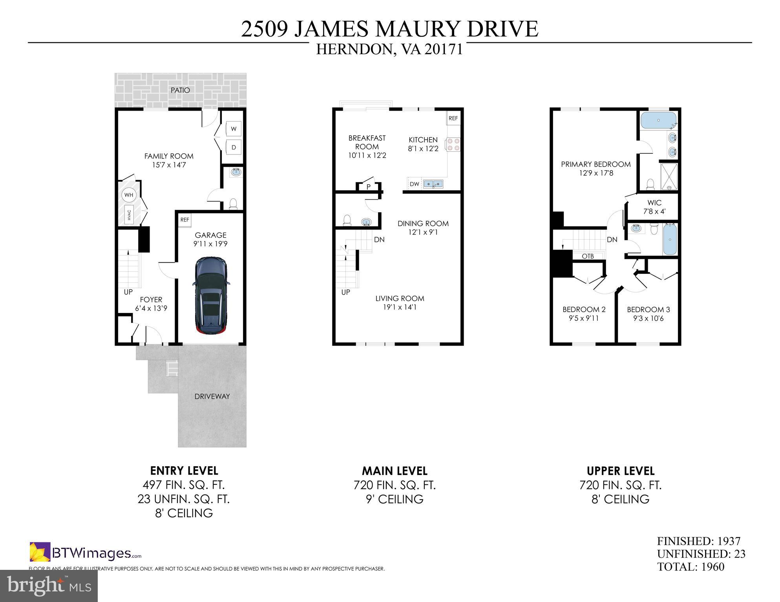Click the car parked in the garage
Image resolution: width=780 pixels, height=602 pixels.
pos(211,296)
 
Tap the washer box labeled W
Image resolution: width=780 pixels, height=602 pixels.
pos(234,129)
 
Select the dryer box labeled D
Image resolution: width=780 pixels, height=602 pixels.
pos(234,147)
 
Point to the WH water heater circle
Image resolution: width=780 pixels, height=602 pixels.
pos(129,195)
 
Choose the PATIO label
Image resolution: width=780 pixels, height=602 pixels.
pos(180,90)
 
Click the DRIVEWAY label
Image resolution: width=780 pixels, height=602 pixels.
pos(212,396)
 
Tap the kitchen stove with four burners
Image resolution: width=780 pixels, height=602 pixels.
pos(452,144)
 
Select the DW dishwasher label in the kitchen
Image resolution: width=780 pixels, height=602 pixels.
pos(414,184)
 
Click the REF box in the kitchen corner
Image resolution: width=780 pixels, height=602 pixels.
pos(453,118)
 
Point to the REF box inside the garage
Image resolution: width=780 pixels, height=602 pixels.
pos(184,220)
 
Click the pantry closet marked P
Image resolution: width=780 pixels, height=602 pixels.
pos(368,187)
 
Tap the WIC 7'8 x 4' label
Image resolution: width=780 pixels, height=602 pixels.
pos(654,207)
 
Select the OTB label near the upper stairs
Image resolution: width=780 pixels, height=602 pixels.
pos(588,256)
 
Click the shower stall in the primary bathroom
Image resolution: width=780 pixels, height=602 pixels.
pos(669,176)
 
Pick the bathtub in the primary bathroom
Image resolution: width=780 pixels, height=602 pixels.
pos(659,120)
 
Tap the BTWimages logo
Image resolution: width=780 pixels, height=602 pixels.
pos(85,553)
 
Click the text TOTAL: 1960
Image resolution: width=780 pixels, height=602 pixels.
pos(690,567)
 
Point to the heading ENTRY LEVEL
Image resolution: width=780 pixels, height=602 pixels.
pos(184,471)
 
